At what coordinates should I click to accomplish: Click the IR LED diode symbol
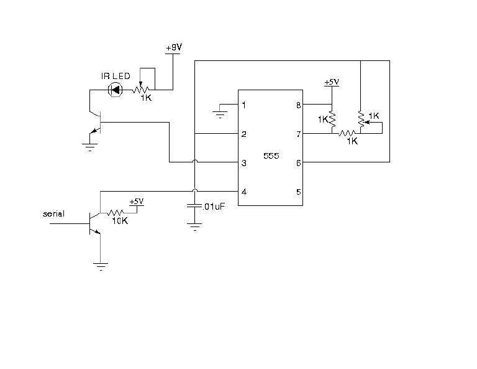[x=116, y=90]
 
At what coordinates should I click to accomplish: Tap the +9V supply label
[x=174, y=47]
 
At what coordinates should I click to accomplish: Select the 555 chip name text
[x=271, y=156]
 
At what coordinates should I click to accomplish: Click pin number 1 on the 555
[x=243, y=105]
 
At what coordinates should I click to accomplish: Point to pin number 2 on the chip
[x=243, y=134]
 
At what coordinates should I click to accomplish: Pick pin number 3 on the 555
[x=243, y=163]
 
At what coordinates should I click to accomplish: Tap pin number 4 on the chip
[x=243, y=192]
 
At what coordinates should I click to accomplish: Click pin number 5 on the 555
[x=299, y=192]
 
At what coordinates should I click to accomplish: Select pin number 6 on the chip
[x=299, y=163]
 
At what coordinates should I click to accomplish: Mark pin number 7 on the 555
[x=299, y=134]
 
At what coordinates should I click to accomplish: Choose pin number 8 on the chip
[x=299, y=105]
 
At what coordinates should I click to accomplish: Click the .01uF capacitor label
[x=214, y=207]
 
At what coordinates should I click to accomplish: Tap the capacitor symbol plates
[x=194, y=205]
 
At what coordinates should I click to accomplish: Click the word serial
[x=53, y=213]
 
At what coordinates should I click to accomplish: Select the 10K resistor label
[x=120, y=221]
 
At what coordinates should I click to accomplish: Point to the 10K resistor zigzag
[x=115, y=213]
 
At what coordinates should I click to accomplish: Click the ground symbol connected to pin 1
[x=220, y=114]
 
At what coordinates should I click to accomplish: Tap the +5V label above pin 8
[x=332, y=82]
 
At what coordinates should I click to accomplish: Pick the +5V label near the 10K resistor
[x=137, y=202]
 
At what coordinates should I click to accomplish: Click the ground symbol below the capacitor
[x=194, y=227]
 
